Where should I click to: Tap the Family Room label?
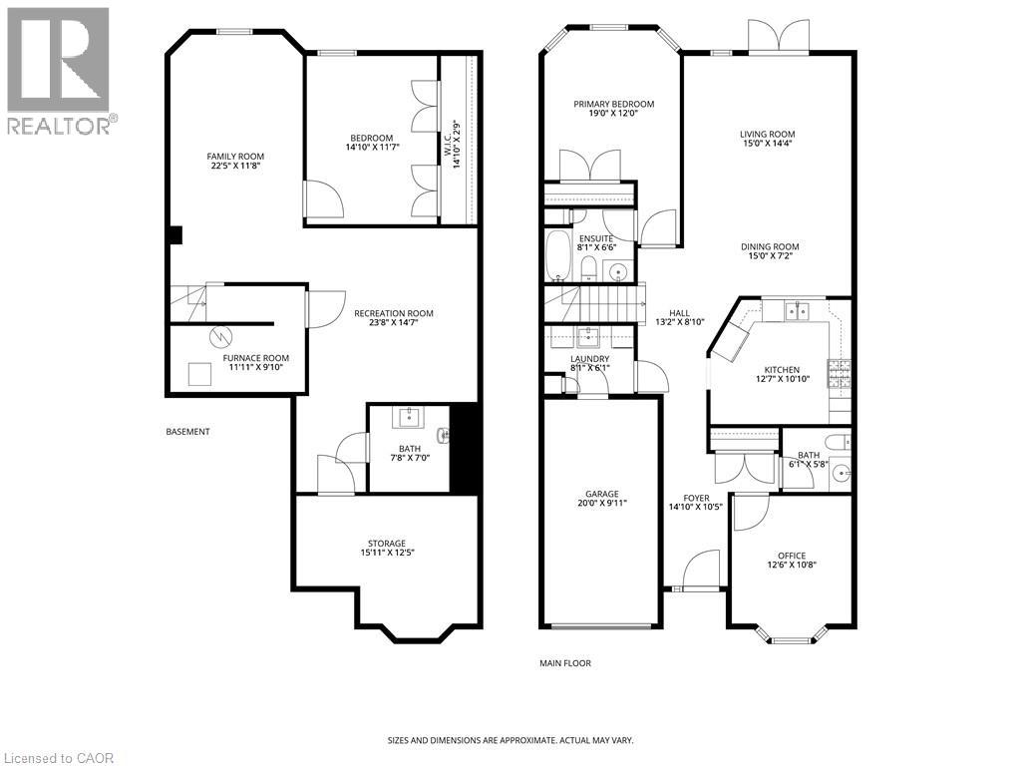tap(235, 156)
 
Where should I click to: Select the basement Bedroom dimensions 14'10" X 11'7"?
tap(371, 149)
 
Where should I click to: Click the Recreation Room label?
tap(394, 313)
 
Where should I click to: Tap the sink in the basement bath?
tap(409, 417)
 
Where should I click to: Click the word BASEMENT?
tap(187, 432)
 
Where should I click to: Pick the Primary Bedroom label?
tap(613, 104)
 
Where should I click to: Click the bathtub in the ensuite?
tap(556, 254)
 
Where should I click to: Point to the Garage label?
tap(602, 494)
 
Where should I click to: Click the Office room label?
tap(791, 556)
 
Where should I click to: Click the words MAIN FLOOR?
tap(565, 663)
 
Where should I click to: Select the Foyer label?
tap(696, 498)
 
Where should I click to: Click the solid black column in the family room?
tap(175, 235)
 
